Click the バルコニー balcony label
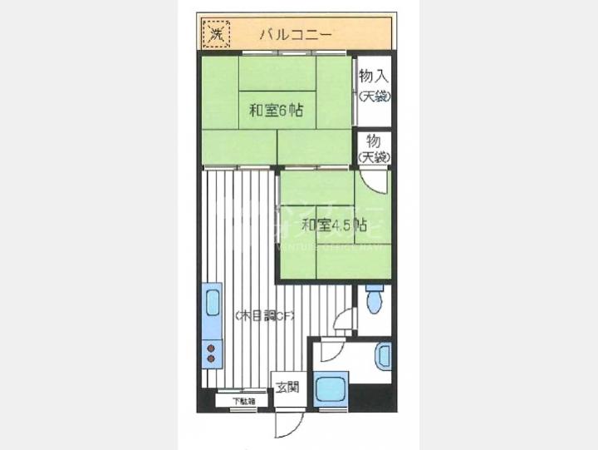[x=296, y=35]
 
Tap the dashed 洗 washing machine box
[x=215, y=35]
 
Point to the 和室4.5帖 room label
[x=334, y=225]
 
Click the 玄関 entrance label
[x=288, y=388]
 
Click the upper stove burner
[x=210, y=348]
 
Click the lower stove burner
[x=210, y=359]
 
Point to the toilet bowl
[x=374, y=299]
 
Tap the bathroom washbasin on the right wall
[x=383, y=355]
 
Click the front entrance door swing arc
[x=287, y=424]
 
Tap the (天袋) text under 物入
[x=375, y=96]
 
